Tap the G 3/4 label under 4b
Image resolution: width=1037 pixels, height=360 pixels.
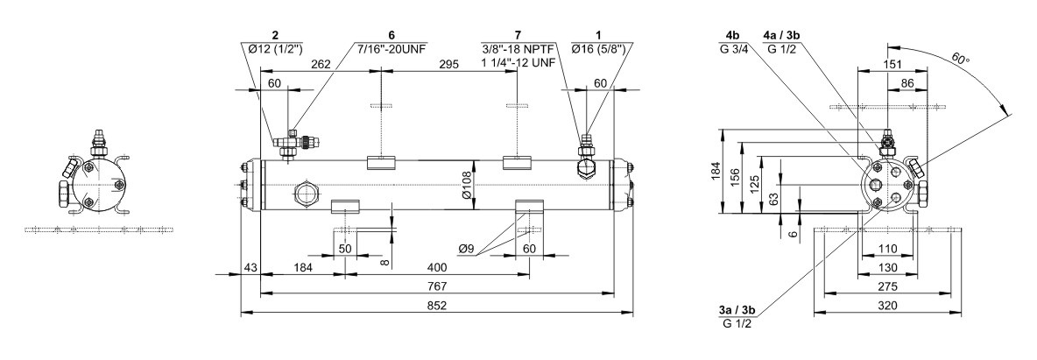click(x=732, y=48)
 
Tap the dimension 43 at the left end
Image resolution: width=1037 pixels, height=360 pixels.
click(x=250, y=266)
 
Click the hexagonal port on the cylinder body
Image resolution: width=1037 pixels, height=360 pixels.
click(x=307, y=191)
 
